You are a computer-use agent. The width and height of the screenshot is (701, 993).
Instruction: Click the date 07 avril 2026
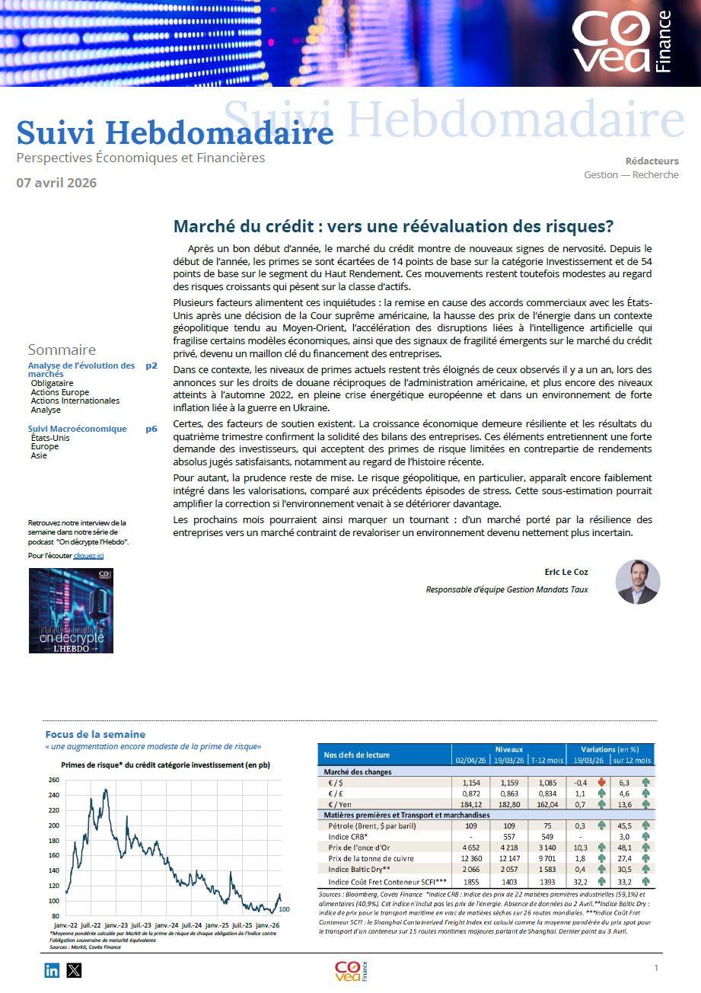point(56,183)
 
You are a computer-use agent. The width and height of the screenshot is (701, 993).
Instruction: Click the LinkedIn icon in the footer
point(52,970)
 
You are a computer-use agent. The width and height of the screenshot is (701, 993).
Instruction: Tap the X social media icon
point(74,970)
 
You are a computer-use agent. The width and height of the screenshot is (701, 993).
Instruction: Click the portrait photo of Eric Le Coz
point(638,582)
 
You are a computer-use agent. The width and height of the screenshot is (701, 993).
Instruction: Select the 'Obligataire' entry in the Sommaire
point(53,383)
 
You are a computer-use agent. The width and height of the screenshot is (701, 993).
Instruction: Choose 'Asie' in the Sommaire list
point(39,455)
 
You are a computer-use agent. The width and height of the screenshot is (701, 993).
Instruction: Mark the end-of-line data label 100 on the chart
point(285,908)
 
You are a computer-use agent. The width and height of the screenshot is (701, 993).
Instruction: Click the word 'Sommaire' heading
point(62,350)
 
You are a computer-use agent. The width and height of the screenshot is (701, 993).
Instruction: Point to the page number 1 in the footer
point(655,968)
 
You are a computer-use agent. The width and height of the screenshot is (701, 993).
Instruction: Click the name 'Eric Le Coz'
point(566,572)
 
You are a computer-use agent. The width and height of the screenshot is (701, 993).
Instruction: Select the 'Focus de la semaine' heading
point(95,734)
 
